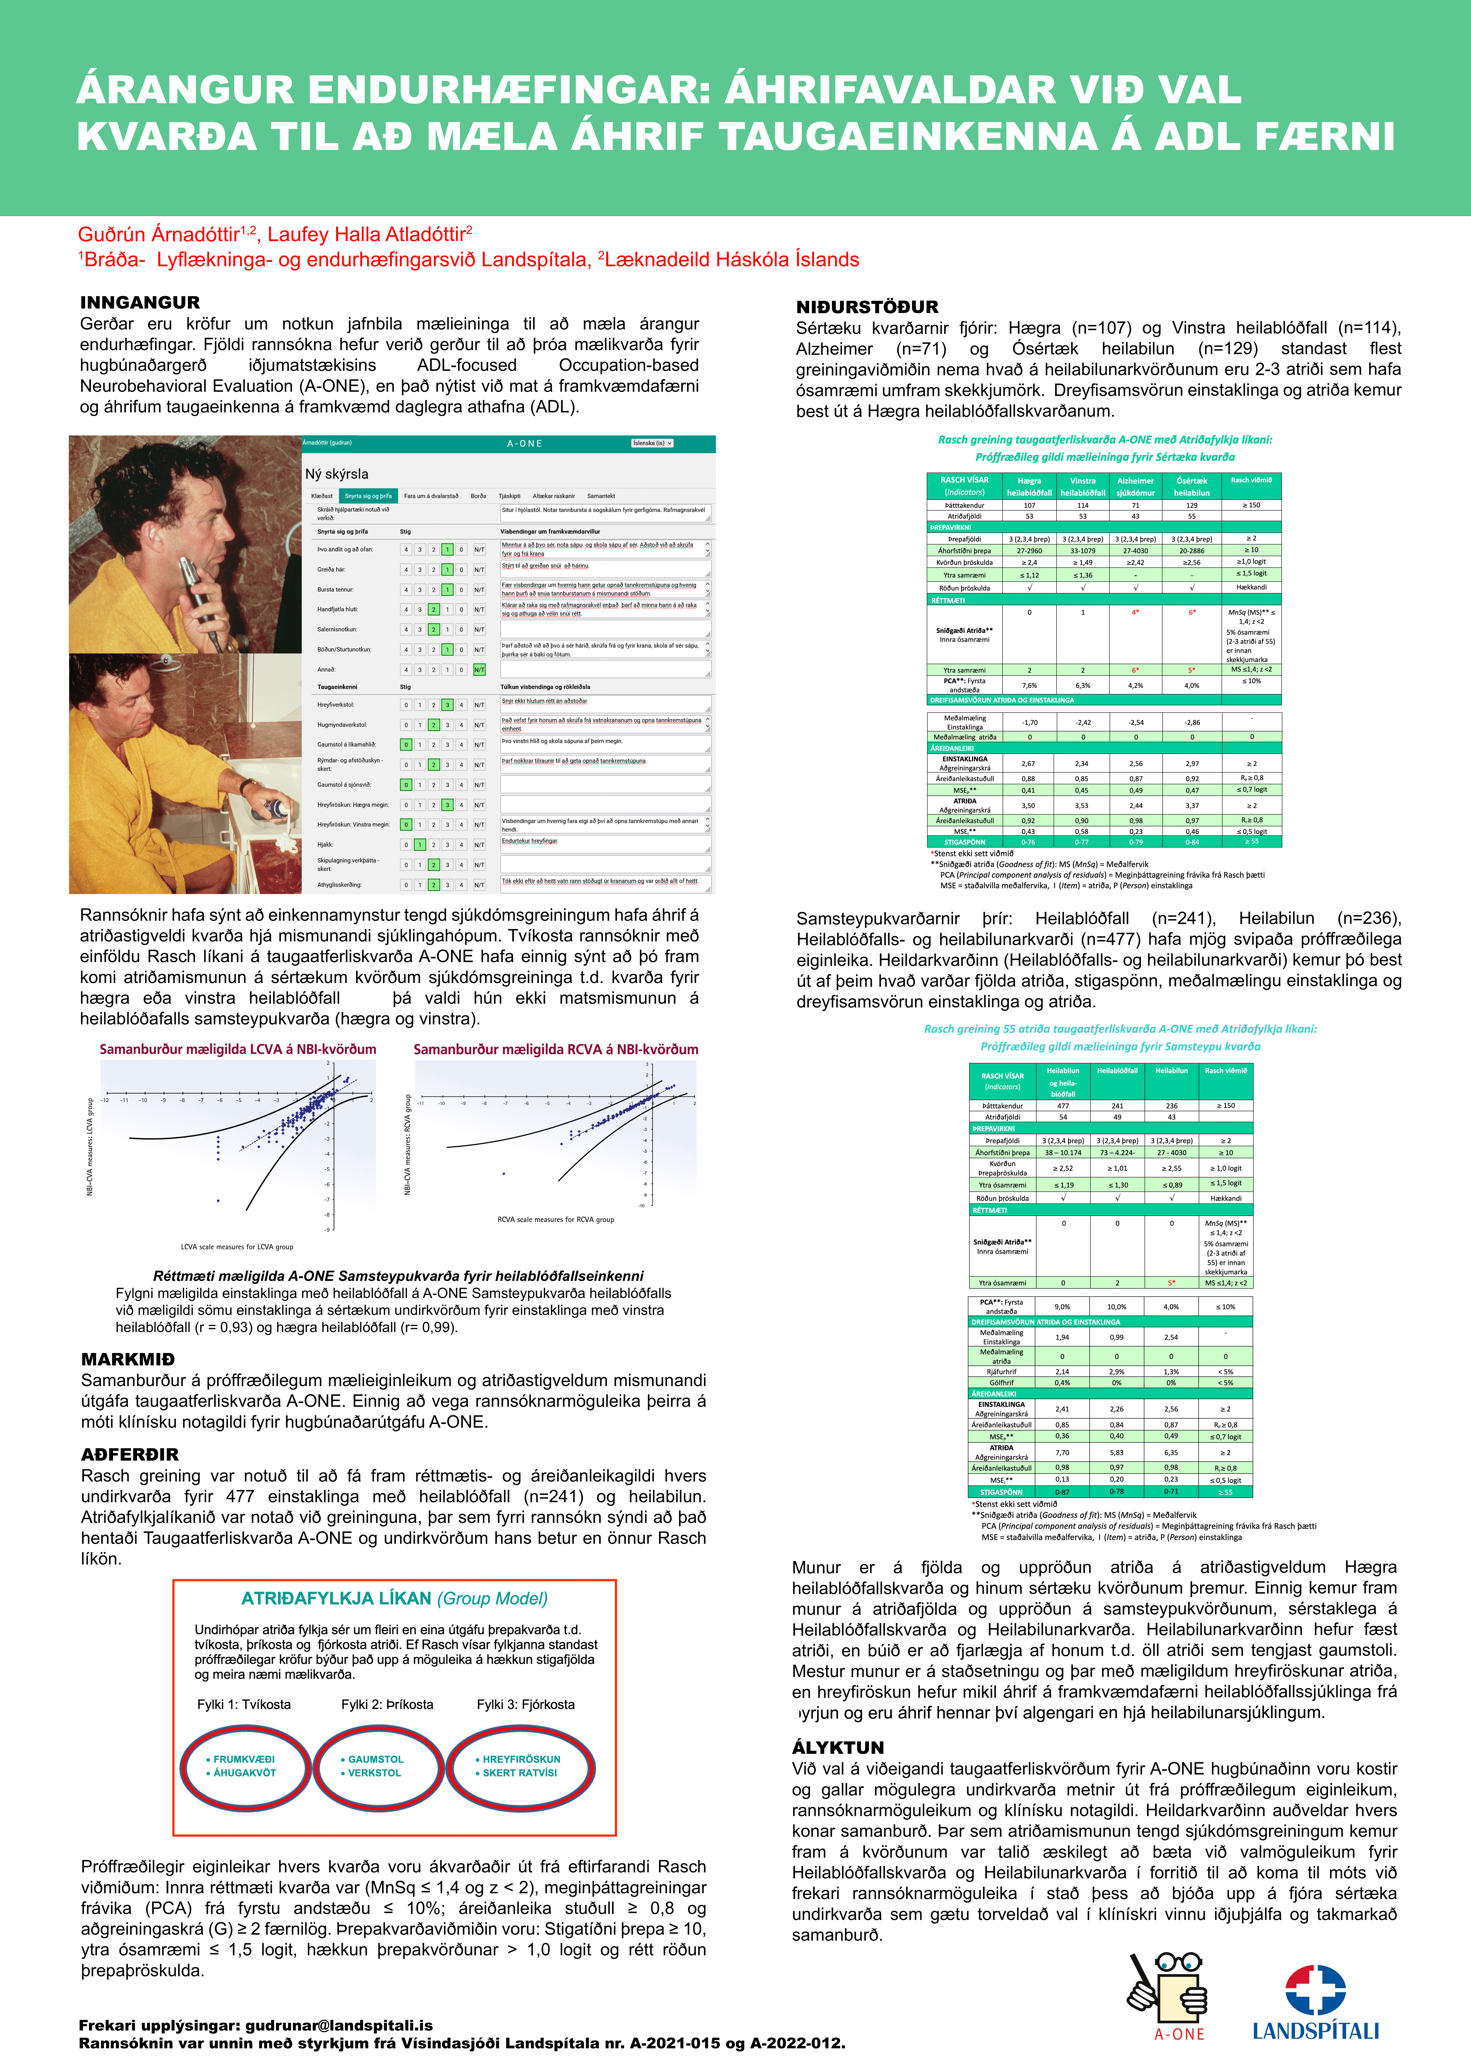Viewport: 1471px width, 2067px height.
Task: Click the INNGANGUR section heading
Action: point(139,303)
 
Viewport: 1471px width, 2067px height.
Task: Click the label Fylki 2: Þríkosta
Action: point(387,1705)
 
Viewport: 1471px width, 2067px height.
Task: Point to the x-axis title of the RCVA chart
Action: point(555,1219)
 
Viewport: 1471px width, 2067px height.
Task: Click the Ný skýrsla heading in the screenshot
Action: point(337,474)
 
